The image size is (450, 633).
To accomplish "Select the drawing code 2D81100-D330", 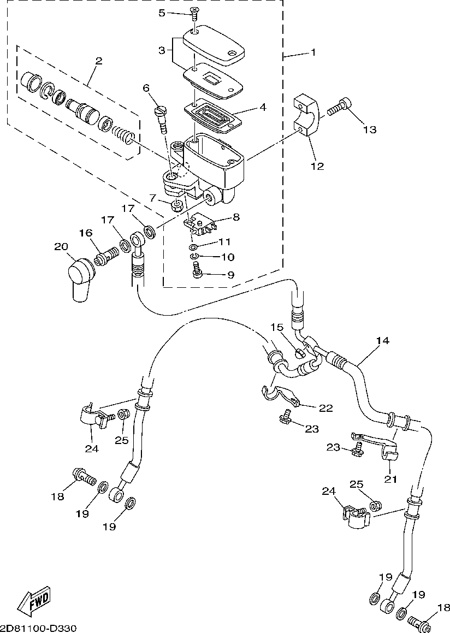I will pos(38,628).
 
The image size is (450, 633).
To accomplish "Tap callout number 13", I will pos(370,129).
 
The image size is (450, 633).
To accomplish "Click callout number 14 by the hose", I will pos(382,341).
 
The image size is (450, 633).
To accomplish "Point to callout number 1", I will pos(313,52).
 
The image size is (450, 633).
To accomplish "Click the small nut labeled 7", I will pos(176,206).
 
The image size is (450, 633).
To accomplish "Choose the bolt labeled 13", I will pos(339,108).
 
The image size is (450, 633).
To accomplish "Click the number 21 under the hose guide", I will pos(390,479).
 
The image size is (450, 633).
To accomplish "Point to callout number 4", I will pos(263,107).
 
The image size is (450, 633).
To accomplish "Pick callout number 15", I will pos(277,328).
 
